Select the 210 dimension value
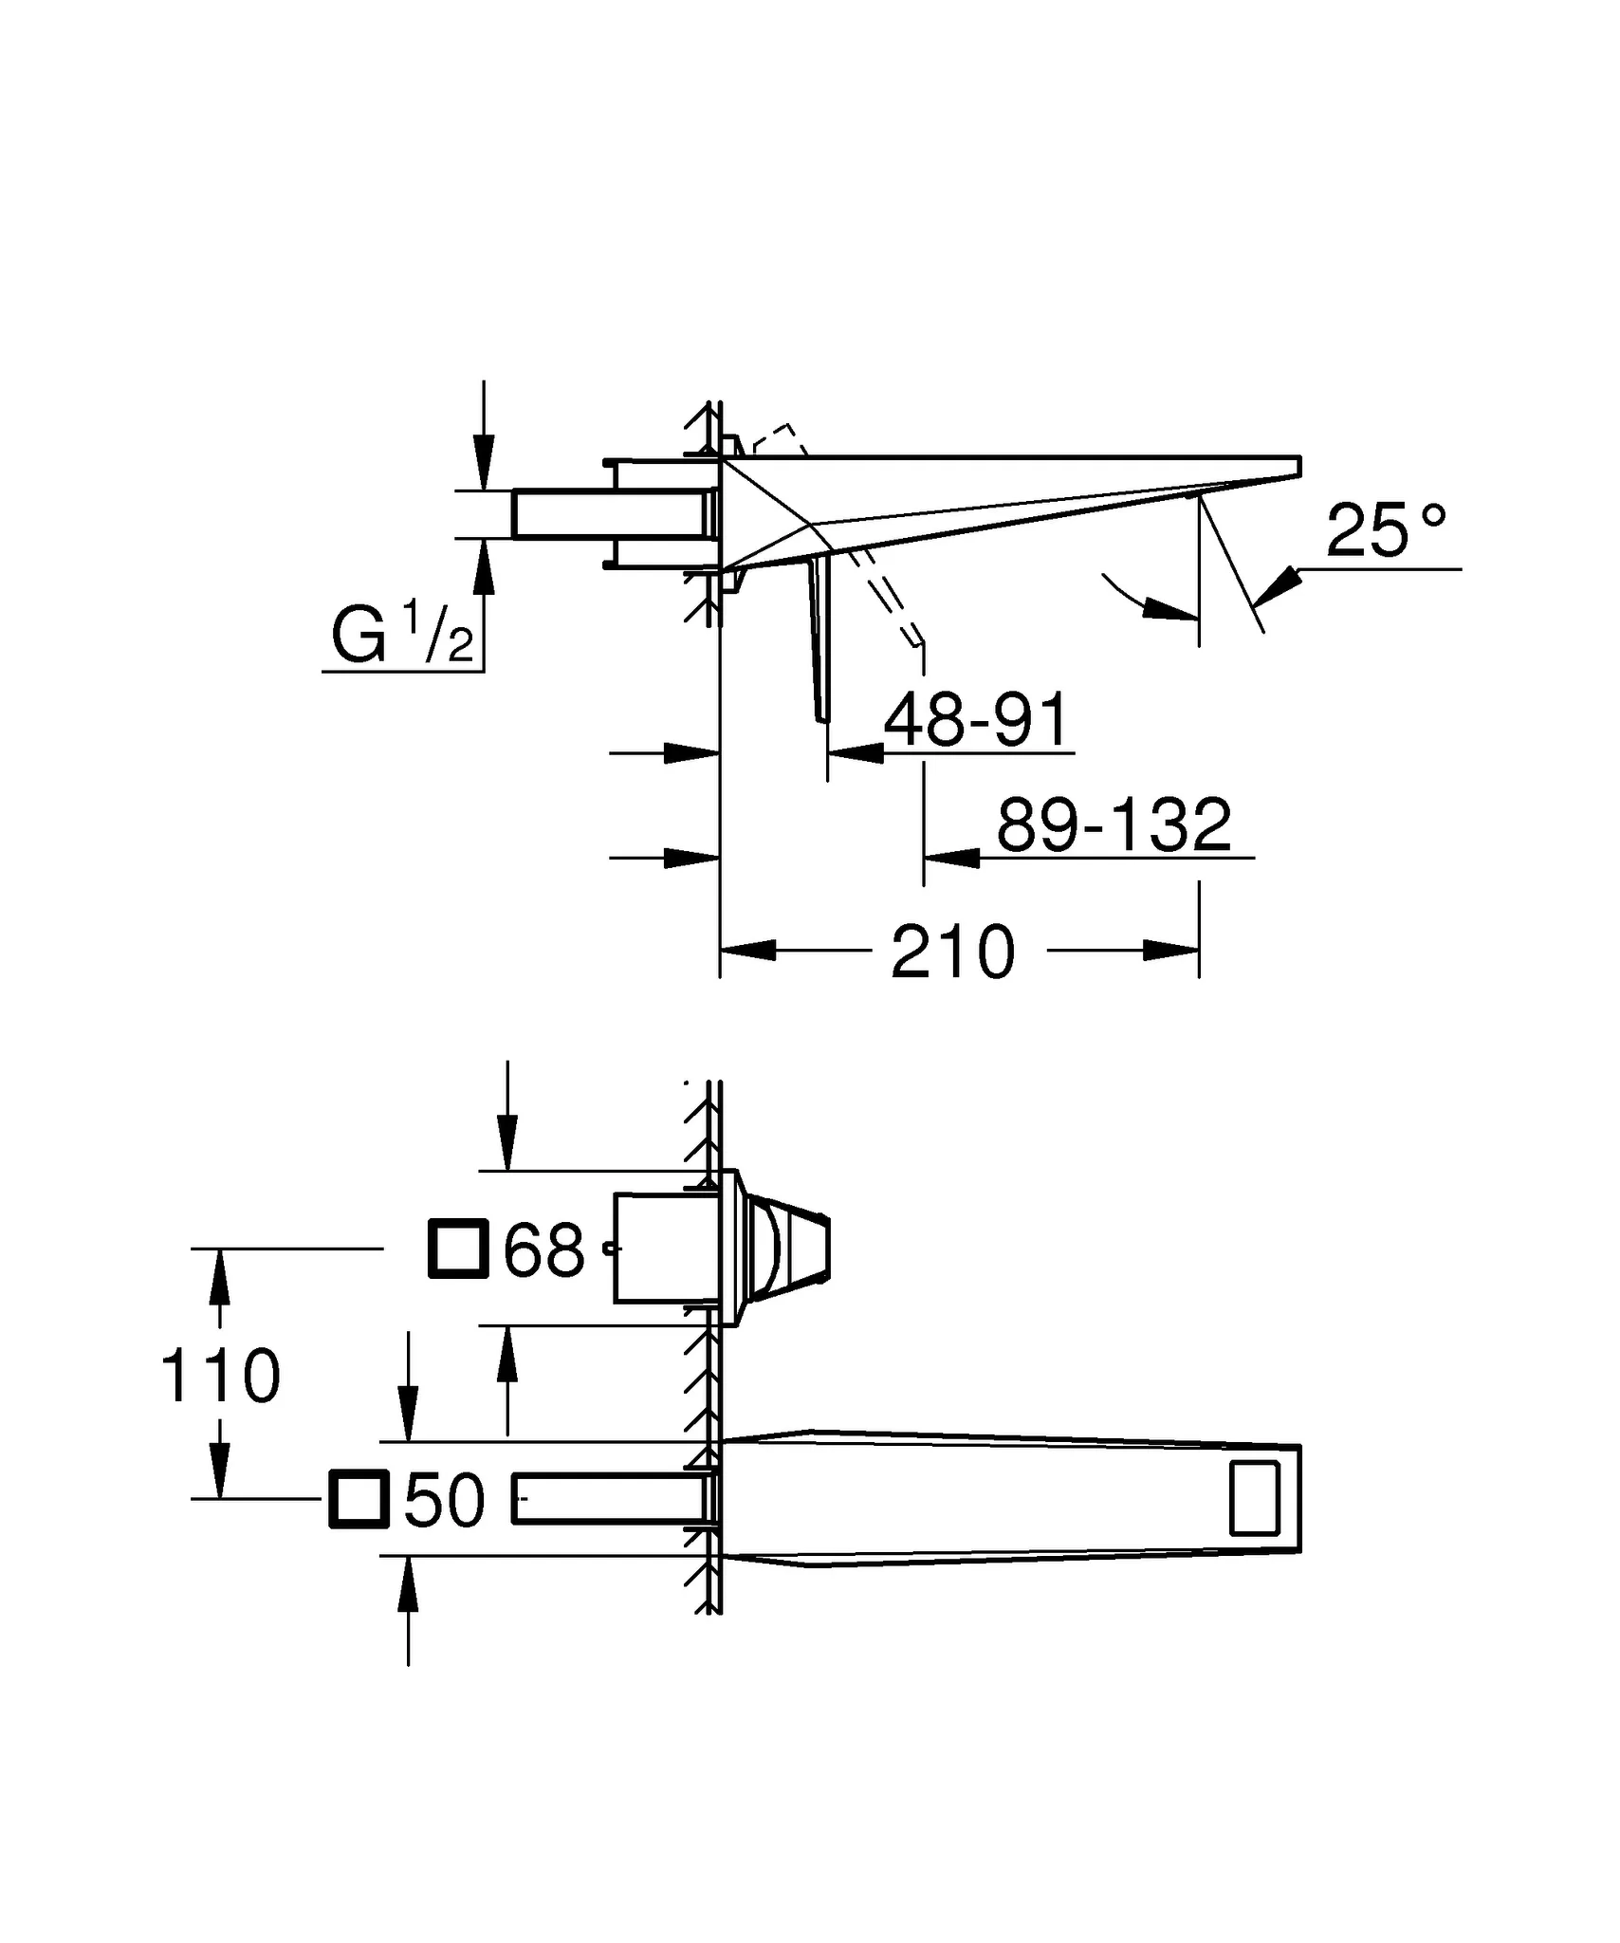click(x=952, y=952)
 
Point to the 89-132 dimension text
click(x=1114, y=824)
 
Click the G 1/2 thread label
click(x=402, y=635)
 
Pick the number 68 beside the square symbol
click(x=543, y=1250)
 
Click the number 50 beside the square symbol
click(x=444, y=1502)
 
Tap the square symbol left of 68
click(x=458, y=1249)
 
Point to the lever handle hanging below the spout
click(x=819, y=640)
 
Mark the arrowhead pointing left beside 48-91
click(x=856, y=753)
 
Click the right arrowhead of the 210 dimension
click(x=1171, y=951)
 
